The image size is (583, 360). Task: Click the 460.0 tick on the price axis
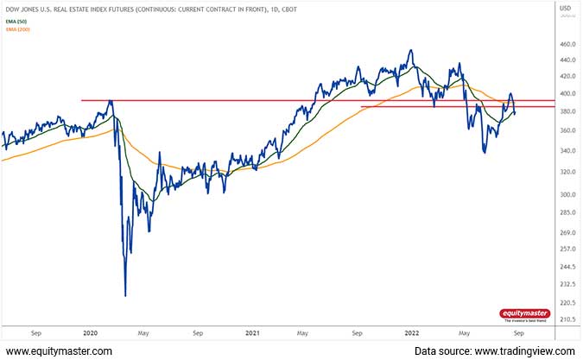pyautogui.click(x=567, y=45)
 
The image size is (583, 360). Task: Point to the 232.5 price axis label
pyautogui.click(x=567, y=284)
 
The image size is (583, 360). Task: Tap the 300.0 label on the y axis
pyautogui.click(x=567, y=193)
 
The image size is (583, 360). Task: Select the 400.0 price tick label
pyautogui.click(x=567, y=93)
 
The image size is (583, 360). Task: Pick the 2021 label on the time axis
pyautogui.click(x=252, y=332)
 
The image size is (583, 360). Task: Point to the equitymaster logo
pyautogui.click(x=524, y=315)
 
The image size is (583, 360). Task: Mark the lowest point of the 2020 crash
pyautogui.click(x=126, y=295)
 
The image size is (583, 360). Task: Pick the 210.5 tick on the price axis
pyautogui.click(x=567, y=319)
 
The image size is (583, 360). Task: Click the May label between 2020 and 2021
pyautogui.click(x=144, y=332)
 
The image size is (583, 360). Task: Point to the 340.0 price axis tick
pyautogui.click(x=567, y=151)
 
